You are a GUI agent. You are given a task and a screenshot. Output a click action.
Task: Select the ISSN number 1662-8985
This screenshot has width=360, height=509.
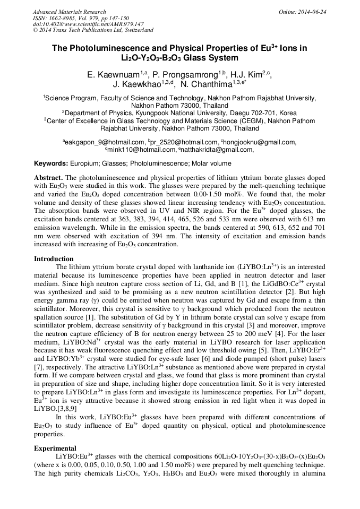point(62,18)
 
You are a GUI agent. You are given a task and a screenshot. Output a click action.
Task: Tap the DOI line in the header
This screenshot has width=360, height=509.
point(88,24)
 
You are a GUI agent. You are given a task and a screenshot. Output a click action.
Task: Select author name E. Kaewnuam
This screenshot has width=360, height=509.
point(109,75)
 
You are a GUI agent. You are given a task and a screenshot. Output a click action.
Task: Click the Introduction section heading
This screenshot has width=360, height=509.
point(54,258)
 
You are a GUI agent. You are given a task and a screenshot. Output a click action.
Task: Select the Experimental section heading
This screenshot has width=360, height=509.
point(55,448)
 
